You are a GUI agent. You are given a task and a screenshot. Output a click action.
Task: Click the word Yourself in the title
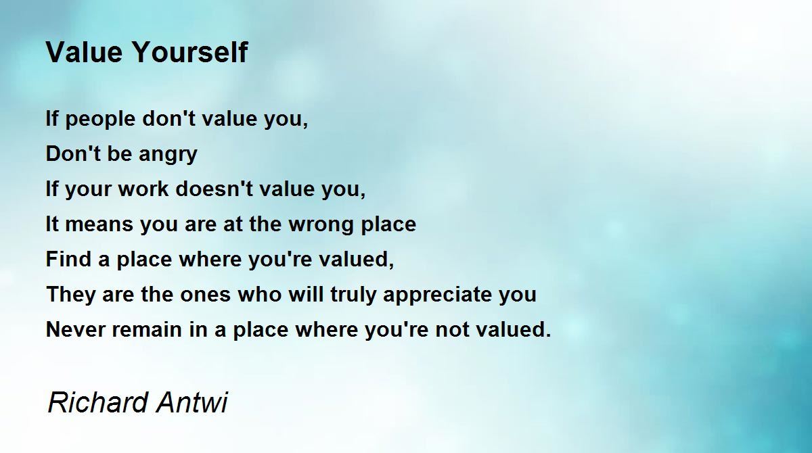click(x=191, y=52)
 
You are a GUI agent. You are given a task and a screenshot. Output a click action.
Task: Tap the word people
click(x=100, y=120)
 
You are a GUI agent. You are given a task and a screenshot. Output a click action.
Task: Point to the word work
click(x=143, y=189)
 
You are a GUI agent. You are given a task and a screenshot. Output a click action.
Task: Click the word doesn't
click(x=214, y=189)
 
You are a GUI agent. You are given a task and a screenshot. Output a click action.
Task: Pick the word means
click(x=99, y=224)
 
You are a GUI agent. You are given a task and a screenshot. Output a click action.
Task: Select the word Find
click(x=68, y=259)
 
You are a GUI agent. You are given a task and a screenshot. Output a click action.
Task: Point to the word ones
click(x=205, y=295)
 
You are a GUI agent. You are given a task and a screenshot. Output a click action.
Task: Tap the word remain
click(x=147, y=329)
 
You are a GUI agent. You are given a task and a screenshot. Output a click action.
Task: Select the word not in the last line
click(x=450, y=330)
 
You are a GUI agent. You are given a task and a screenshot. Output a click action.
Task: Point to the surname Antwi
click(x=192, y=402)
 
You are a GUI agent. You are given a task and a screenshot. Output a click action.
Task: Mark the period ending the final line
click(x=548, y=335)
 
